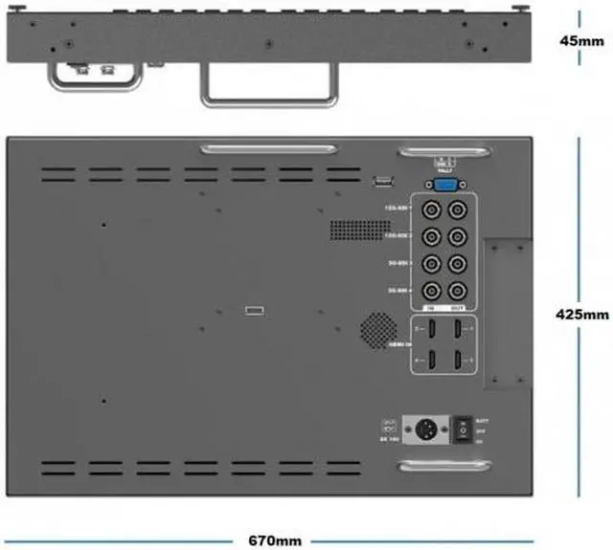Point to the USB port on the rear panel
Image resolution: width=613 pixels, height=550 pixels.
[x=382, y=181]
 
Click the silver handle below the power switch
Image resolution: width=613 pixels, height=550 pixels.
[x=446, y=468]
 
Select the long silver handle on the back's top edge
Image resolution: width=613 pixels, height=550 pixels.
[x=267, y=149]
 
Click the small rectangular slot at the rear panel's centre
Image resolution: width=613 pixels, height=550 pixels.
[x=254, y=309]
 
